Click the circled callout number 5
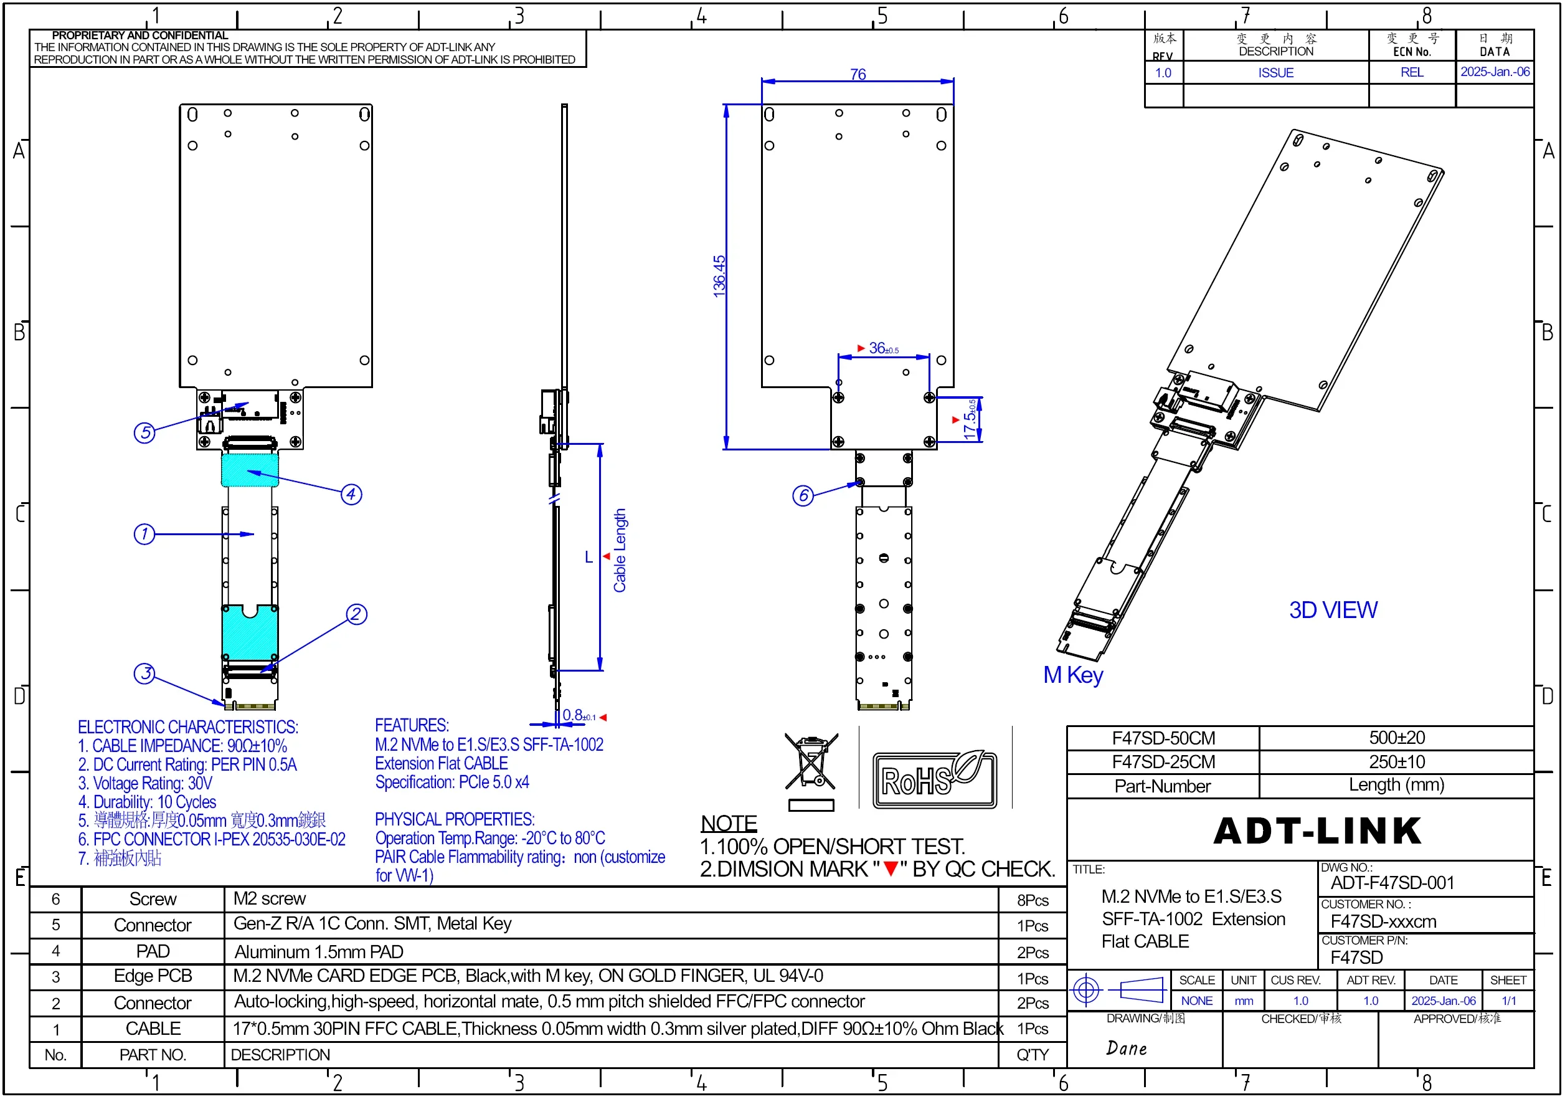[x=144, y=432]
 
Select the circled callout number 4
[x=351, y=493]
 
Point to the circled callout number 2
[x=356, y=614]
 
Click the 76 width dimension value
[x=858, y=74]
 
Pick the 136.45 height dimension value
[x=719, y=275]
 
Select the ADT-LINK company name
[x=1318, y=830]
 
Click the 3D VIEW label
[x=1333, y=609]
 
